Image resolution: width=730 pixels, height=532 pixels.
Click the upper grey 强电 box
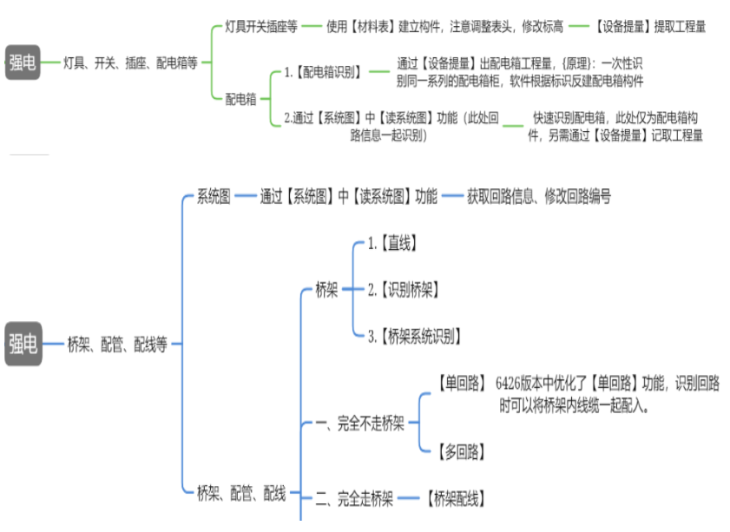point(23,62)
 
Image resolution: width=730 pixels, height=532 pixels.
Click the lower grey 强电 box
point(23,344)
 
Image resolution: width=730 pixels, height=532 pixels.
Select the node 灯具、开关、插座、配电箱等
point(131,62)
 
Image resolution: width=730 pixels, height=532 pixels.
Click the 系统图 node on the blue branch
point(214,197)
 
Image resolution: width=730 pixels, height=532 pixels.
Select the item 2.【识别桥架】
point(404,290)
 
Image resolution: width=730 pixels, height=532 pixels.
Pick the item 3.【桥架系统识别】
point(414,337)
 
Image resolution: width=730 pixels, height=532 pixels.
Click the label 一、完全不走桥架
point(359,424)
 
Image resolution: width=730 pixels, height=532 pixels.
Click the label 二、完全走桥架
point(354,499)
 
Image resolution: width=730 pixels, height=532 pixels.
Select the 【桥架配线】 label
point(456,499)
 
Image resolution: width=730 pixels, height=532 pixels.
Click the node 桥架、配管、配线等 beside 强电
point(117,345)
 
